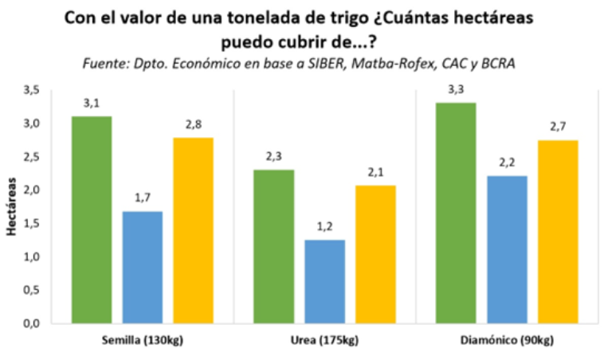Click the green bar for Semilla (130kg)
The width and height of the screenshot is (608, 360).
point(92,220)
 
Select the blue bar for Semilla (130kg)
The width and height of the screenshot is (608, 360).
point(143,268)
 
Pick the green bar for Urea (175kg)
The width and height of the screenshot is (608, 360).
point(274,246)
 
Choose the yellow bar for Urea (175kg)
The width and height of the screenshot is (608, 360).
point(376,254)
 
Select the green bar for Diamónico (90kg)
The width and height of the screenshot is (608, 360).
point(457,213)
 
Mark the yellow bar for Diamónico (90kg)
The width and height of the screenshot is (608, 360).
point(558,232)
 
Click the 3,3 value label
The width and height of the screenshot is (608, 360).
point(457,89)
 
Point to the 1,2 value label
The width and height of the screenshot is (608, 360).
point(325,226)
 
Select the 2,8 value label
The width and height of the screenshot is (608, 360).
point(194,124)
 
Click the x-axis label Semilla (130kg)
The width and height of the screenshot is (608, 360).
point(143,340)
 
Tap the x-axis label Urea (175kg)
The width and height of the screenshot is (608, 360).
point(325,340)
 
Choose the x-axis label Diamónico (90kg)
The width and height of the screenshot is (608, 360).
point(508,340)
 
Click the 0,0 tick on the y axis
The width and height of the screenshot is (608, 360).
point(31,323)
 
